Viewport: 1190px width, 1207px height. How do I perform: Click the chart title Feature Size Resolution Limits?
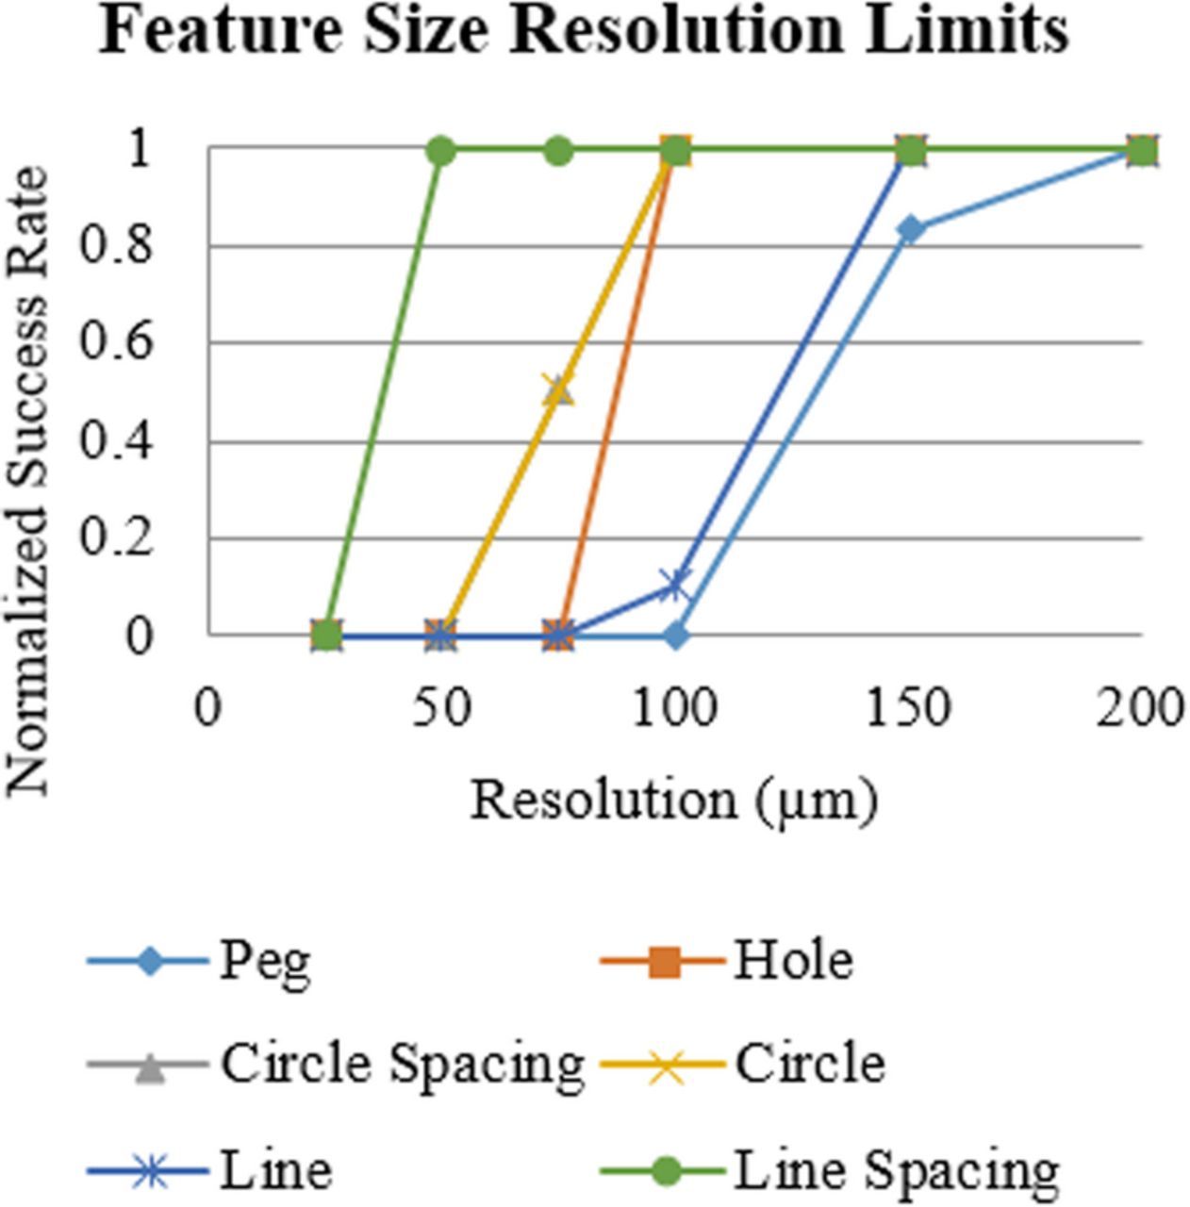(x=584, y=30)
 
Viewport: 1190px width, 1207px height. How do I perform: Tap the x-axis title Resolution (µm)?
(x=673, y=801)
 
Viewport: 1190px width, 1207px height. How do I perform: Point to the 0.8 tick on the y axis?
(x=114, y=246)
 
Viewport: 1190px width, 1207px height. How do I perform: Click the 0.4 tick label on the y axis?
(x=114, y=441)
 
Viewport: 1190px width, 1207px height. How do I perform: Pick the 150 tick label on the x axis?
(x=908, y=708)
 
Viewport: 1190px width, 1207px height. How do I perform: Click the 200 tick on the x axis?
(x=1139, y=708)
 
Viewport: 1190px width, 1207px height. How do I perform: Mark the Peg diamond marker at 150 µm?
(x=910, y=229)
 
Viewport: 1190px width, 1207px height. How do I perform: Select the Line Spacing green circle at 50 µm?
(x=441, y=151)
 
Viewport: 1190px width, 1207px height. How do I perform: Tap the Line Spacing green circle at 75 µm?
(x=558, y=151)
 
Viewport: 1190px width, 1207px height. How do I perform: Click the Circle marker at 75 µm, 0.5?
(x=558, y=390)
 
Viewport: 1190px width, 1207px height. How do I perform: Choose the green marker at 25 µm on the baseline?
(x=325, y=636)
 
